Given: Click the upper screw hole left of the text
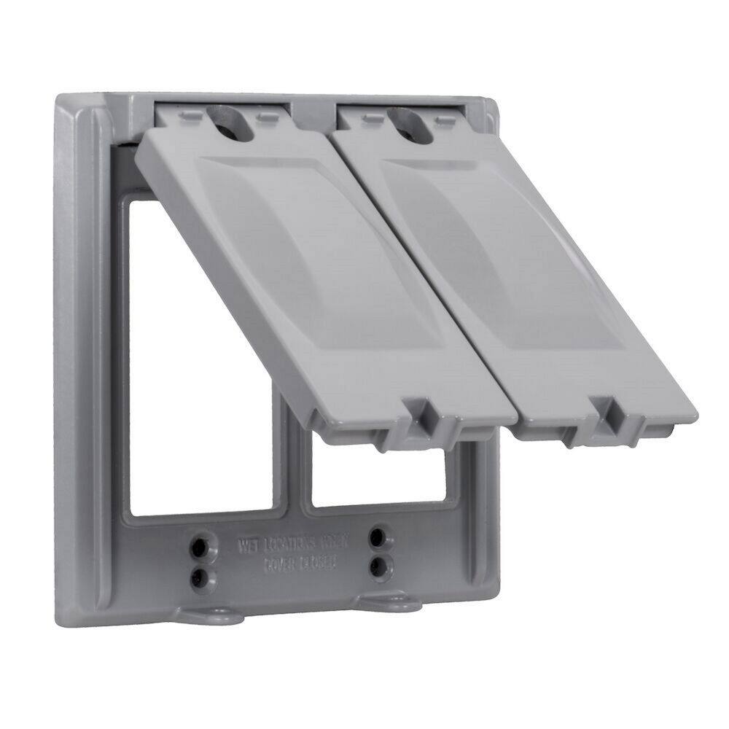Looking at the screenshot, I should pos(198,546).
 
